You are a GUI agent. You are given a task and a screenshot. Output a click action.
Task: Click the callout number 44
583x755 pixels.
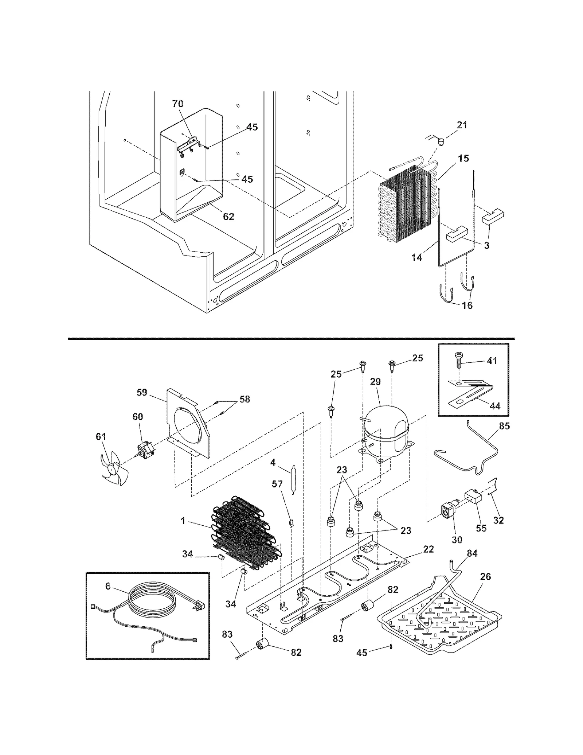pos(495,406)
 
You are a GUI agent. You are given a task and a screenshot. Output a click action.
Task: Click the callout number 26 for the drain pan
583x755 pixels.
pos(485,576)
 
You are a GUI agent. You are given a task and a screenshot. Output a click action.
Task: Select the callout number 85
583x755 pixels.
pos(504,426)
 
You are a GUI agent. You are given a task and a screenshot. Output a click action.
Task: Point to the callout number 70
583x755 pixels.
pos(177,104)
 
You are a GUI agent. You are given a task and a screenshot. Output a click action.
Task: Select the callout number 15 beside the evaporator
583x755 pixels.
pos(463,158)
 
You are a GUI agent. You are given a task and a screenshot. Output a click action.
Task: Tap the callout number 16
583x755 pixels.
pos(467,305)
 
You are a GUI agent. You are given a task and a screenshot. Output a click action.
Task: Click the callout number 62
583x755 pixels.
pos(228,217)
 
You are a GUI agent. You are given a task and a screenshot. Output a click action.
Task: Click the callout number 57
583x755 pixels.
pos(277,484)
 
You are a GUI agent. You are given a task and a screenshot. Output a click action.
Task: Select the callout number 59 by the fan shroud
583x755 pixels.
pos(142,392)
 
